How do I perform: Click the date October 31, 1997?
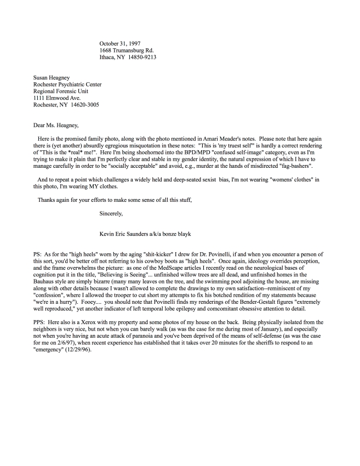coord(119,43)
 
